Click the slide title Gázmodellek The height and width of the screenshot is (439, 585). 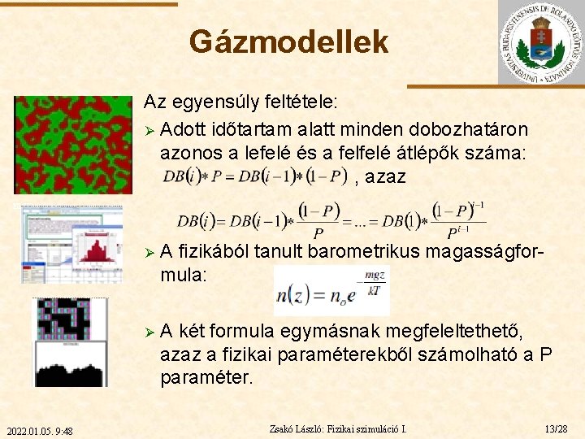(x=288, y=42)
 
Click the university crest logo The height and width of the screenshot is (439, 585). (x=539, y=42)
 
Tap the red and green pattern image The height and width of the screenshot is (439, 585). (x=72, y=145)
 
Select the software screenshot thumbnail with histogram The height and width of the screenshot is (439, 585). (x=72, y=244)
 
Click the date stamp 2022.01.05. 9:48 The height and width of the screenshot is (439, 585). (x=39, y=430)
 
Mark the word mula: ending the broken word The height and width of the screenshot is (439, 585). (x=184, y=276)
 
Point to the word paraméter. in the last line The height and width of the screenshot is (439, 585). (x=206, y=378)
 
